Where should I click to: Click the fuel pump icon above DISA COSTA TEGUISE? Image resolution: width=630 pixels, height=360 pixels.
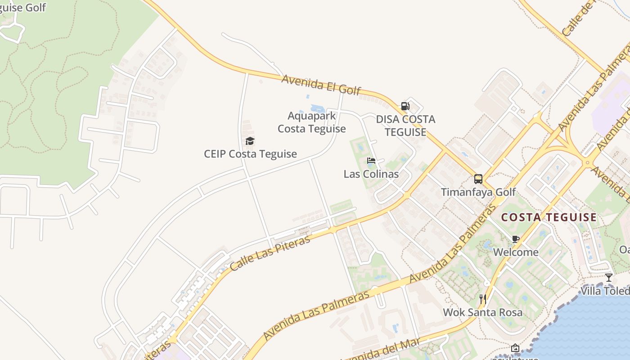tap(405, 106)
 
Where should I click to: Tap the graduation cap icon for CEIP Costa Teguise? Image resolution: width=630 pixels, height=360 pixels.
tap(250, 141)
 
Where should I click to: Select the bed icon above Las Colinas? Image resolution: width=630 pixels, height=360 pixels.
tap(371, 161)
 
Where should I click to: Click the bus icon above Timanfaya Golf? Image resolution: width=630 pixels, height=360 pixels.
tap(478, 179)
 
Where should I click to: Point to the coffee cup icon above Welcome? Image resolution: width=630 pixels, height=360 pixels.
tap(516, 239)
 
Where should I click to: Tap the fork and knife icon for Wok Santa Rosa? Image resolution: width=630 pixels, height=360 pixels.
tap(483, 299)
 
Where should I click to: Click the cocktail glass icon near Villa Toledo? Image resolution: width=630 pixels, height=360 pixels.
tap(609, 277)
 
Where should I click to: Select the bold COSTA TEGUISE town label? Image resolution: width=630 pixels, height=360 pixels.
tap(549, 217)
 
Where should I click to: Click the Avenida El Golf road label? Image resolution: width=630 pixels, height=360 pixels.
tap(321, 85)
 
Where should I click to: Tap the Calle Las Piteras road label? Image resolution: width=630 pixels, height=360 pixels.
tap(270, 252)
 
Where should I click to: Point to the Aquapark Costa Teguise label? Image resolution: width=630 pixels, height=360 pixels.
tap(312, 122)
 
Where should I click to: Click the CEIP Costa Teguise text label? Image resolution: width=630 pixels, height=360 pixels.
tap(250, 154)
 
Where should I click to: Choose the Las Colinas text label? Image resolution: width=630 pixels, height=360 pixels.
tap(371, 174)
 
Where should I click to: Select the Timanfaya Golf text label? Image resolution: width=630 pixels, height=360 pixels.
tap(478, 192)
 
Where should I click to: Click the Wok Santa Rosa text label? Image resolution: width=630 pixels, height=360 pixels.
tap(483, 312)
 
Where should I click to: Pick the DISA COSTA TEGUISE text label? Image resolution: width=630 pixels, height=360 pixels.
tap(405, 126)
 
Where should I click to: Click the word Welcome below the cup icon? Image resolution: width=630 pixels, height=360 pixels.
tap(516, 252)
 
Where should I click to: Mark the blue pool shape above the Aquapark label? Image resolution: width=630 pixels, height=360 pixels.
tap(319, 108)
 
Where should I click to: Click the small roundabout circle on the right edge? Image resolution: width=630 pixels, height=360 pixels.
tap(587, 162)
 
